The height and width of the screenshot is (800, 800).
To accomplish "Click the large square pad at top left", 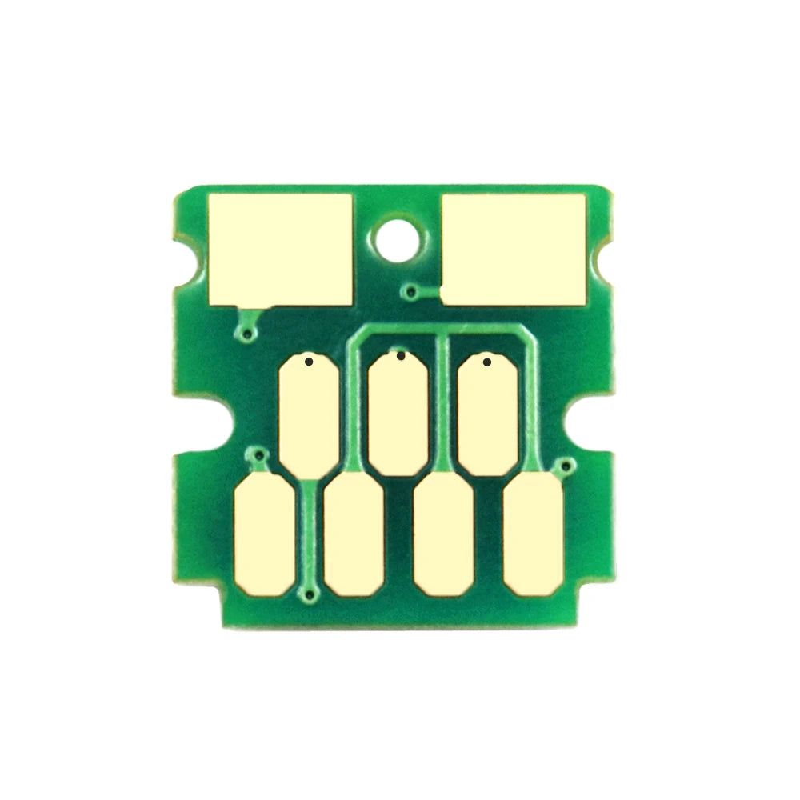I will pyautogui.click(x=279, y=249).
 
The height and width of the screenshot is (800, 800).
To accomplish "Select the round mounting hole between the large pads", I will pyautogui.click(x=397, y=237).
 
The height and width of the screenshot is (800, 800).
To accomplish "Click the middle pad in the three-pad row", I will pyautogui.click(x=399, y=410).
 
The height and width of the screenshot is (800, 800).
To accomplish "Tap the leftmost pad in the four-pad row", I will pyautogui.click(x=265, y=533).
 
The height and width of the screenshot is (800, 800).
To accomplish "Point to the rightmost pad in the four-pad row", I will pyautogui.click(x=534, y=533).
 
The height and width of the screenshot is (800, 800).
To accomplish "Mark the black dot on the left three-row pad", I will pyautogui.click(x=309, y=362).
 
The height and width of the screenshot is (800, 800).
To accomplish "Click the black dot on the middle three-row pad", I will pyautogui.click(x=400, y=355).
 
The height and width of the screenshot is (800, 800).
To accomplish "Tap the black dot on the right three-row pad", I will pyautogui.click(x=487, y=362).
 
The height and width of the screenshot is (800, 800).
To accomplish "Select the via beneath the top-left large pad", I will pyautogui.click(x=250, y=333).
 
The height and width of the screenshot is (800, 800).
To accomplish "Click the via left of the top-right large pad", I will pyautogui.click(x=411, y=292).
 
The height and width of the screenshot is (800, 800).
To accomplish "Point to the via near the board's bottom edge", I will pyautogui.click(x=310, y=593).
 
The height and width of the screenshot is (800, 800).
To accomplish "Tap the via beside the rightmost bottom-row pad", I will pyautogui.click(x=566, y=465).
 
